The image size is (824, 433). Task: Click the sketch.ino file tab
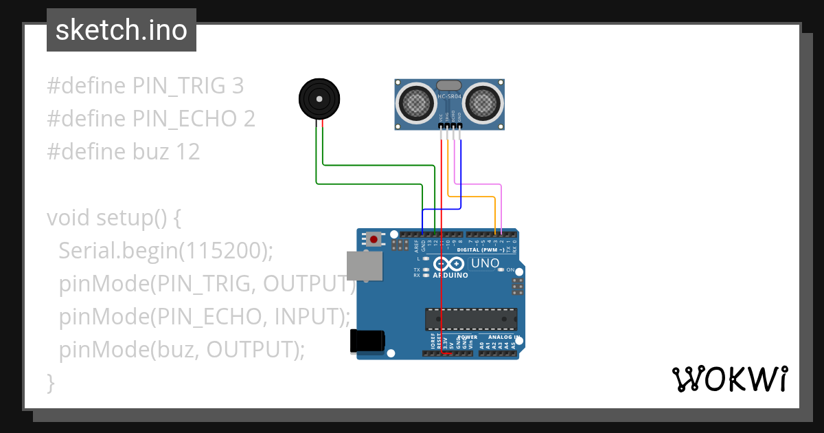pyautogui.click(x=121, y=30)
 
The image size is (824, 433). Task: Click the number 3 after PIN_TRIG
pyautogui.click(x=238, y=86)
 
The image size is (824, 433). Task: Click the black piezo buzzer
pyautogui.click(x=319, y=99)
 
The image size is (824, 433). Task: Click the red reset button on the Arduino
pyautogui.click(x=374, y=239)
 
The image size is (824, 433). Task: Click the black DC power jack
pyautogui.click(x=367, y=342)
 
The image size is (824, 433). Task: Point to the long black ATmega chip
pyautogui.click(x=470, y=319)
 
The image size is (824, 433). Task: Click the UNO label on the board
pyautogui.click(x=485, y=263)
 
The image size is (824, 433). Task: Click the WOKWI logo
pyautogui.click(x=729, y=379)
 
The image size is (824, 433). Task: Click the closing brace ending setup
pyautogui.click(x=49, y=382)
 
